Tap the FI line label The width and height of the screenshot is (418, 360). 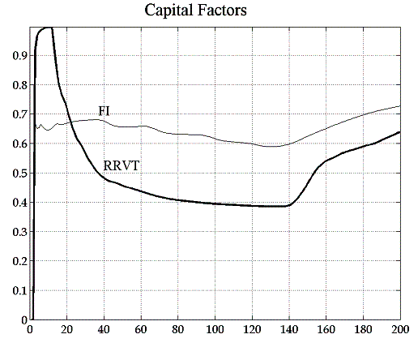104,111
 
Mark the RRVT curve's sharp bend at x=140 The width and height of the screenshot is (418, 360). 289,205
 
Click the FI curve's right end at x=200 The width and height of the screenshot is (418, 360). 399,106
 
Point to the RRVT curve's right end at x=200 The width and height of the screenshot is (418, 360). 399,132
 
